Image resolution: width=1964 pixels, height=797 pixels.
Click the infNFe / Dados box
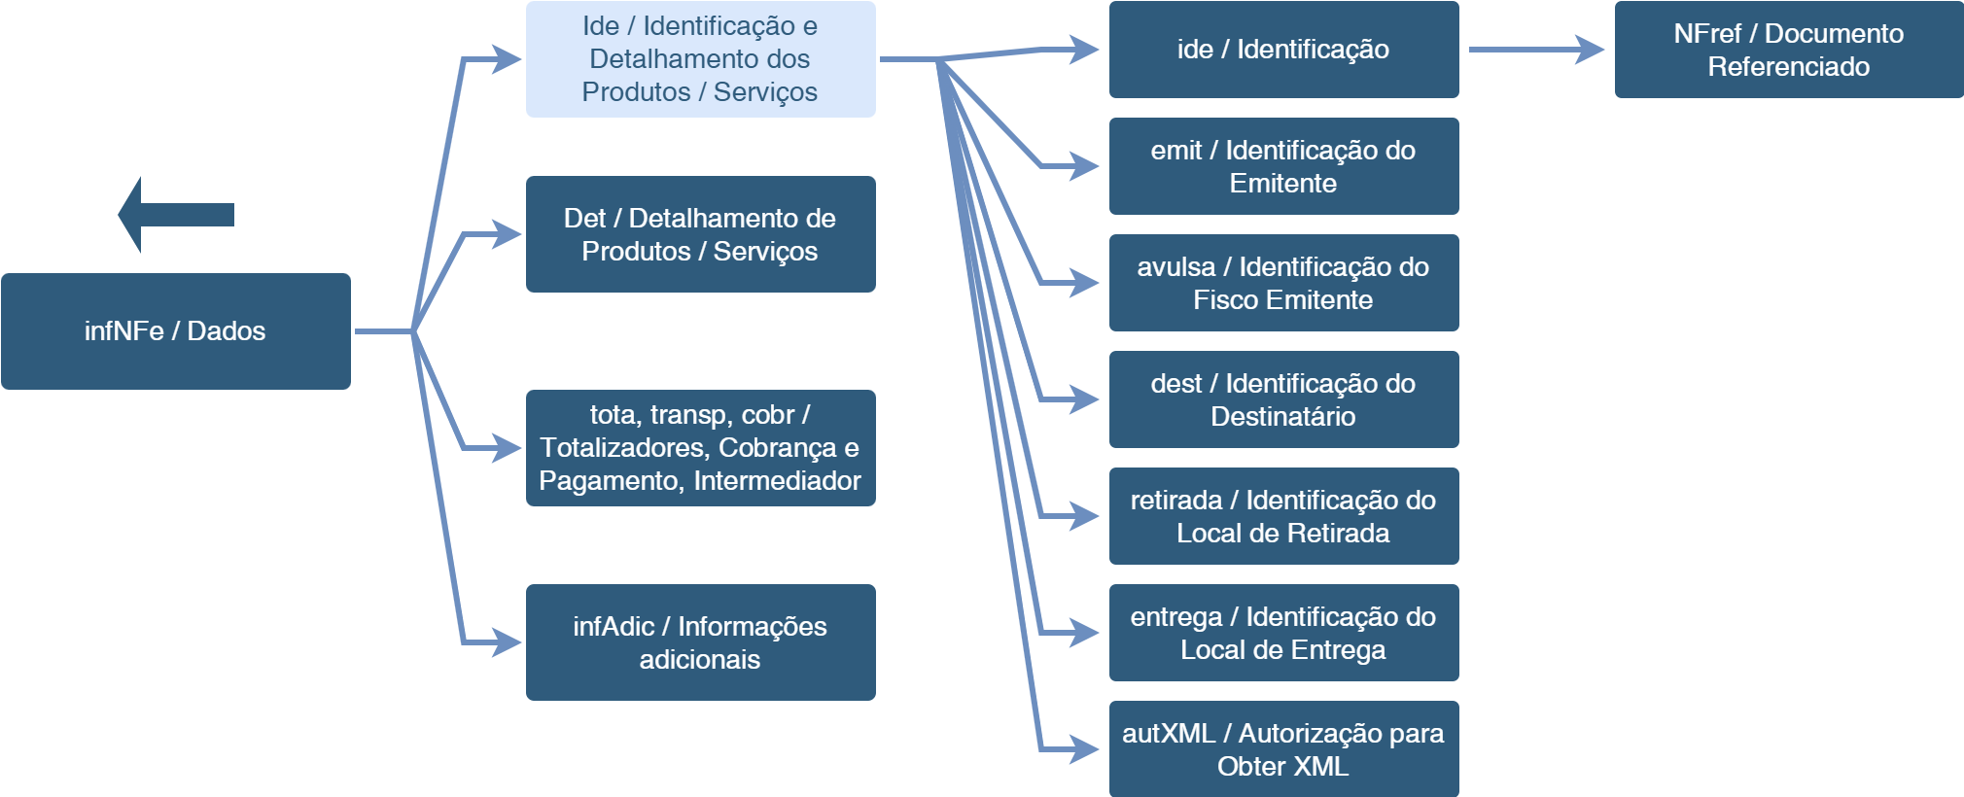pos(175,331)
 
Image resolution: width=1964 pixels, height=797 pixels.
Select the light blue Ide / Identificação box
pos(700,59)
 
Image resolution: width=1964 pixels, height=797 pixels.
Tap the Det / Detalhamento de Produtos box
pos(700,234)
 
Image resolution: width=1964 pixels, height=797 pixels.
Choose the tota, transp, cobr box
pos(700,448)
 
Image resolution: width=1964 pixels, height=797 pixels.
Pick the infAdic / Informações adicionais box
pos(700,642)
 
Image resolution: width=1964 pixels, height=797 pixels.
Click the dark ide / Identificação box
pos(1283,50)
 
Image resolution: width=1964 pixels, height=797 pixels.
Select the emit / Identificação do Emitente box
pos(1283,166)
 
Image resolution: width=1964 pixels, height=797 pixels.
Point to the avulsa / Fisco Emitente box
pos(1283,283)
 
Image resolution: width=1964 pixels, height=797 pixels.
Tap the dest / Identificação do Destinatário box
pos(1283,399)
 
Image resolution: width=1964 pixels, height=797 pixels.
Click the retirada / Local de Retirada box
pos(1283,516)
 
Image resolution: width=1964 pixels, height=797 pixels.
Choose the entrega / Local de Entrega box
pos(1283,633)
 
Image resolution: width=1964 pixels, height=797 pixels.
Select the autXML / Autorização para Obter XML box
pos(1283,749)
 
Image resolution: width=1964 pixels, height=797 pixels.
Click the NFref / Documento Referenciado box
pos(1789,50)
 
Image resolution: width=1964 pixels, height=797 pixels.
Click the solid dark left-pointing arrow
pos(175,215)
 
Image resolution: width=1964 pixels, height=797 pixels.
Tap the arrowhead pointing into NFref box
pos(1591,50)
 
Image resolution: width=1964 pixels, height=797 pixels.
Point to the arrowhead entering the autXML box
pos(1085,749)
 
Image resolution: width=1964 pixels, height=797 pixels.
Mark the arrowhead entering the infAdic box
pos(508,642)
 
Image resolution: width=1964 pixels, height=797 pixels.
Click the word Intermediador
pos(777,481)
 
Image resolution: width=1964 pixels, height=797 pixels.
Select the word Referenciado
pos(1789,67)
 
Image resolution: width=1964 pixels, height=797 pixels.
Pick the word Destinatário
pos(1283,417)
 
